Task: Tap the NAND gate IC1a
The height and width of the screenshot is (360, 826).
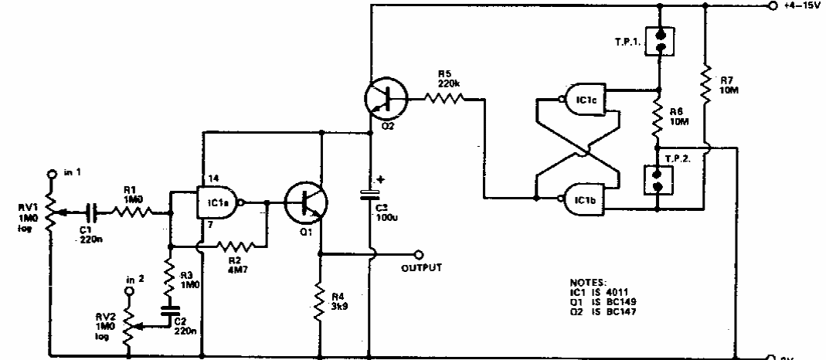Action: (x=217, y=203)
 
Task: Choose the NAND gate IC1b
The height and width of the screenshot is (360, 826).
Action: (x=584, y=199)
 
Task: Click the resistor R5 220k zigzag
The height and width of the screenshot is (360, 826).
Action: (x=446, y=98)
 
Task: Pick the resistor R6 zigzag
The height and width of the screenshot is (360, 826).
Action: (x=657, y=116)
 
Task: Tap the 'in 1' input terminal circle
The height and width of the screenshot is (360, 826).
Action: (x=52, y=175)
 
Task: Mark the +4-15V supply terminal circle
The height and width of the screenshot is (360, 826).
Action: (x=772, y=6)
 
